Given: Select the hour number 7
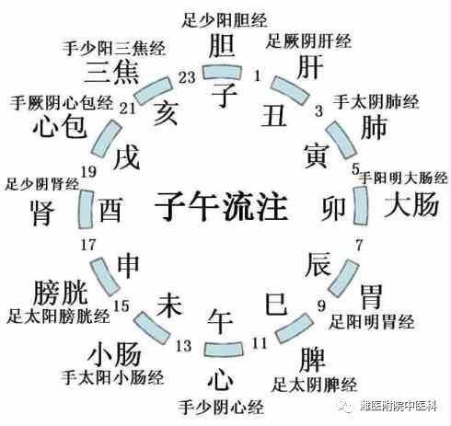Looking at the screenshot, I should click(x=359, y=245).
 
